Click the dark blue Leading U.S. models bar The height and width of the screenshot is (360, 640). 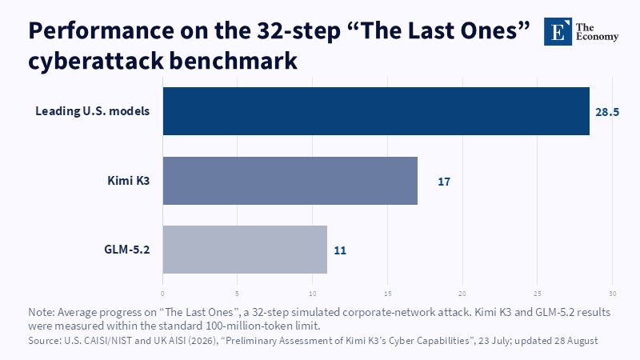tap(376, 111)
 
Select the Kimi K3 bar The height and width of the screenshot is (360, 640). tap(290, 181)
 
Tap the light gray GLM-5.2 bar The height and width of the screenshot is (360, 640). tap(245, 250)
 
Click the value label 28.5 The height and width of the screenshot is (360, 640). tap(607, 112)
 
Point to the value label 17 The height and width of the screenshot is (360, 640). tap(444, 182)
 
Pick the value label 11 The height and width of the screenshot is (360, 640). tap(340, 250)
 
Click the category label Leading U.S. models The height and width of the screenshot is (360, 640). tap(93, 111)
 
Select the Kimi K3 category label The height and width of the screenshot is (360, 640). tap(129, 181)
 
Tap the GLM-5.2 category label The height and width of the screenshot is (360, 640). tap(127, 250)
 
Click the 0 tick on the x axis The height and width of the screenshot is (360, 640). tap(162, 294)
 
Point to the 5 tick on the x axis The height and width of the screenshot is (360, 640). tap(237, 294)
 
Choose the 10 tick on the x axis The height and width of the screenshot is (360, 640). tap(312, 294)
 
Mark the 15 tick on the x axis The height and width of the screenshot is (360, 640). tap(387, 294)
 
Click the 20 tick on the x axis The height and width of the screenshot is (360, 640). tap(462, 294)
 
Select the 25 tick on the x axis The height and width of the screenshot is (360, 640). tap(537, 294)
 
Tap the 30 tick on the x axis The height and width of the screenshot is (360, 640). tap(612, 294)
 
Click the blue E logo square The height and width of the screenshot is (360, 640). tap(558, 31)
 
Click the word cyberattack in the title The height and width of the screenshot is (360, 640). tap(95, 61)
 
